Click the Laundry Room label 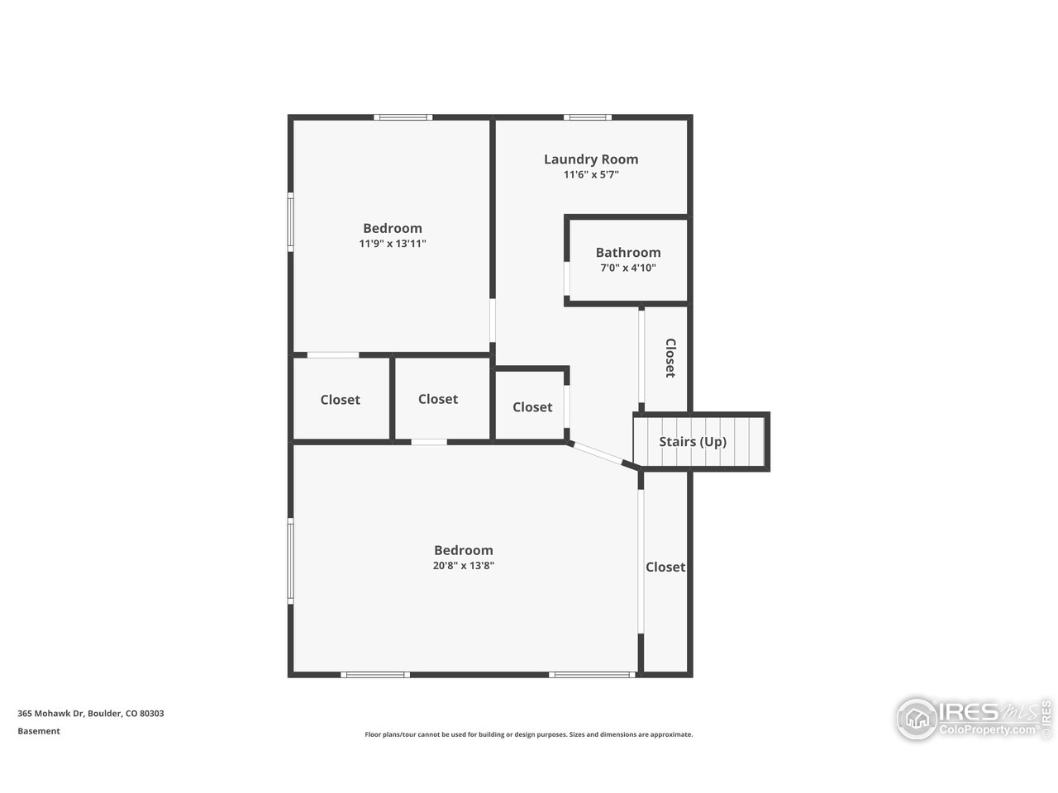coord(590,159)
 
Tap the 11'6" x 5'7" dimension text coord(590,175)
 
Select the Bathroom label coord(627,253)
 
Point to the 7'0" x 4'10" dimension coord(627,268)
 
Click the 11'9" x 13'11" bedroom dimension coord(392,244)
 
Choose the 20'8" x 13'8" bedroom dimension coord(463,566)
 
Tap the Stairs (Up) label coord(692,441)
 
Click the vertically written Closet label coord(670,358)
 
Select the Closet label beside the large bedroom coord(665,567)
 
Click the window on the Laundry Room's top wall coord(588,117)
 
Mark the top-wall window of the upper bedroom coord(403,117)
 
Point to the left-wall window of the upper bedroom coord(290,221)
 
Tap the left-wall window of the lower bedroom coord(290,560)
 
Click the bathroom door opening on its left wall coord(567,279)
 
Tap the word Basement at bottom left coord(39,731)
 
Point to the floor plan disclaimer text coord(528,734)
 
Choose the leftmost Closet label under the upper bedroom coord(340,400)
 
